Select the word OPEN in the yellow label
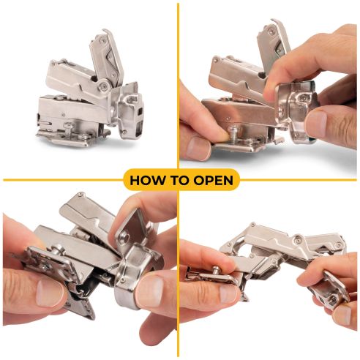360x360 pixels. [214, 180]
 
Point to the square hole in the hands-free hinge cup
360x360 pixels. [139, 111]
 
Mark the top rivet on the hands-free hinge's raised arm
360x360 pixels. [103, 41]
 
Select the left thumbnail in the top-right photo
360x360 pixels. [198, 148]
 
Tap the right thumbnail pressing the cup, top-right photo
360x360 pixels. [315, 124]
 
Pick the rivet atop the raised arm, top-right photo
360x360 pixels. [271, 31]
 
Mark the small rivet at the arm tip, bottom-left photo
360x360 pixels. [80, 195]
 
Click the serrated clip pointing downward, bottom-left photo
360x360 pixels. [82, 306]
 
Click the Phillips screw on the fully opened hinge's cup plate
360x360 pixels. [333, 299]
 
